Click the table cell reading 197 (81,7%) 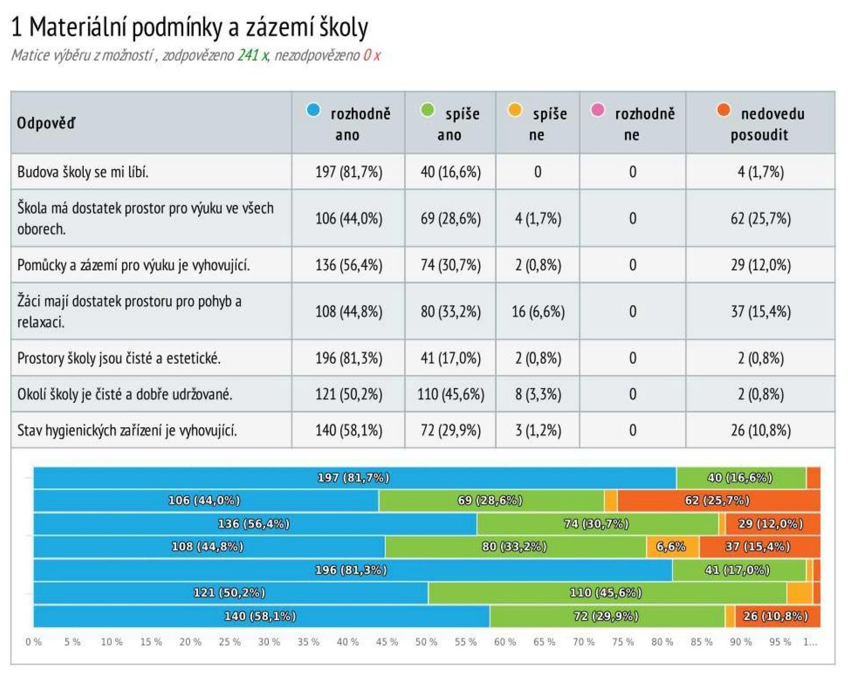point(348,172)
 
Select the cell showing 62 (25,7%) point(760,218)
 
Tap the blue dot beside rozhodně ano point(313,110)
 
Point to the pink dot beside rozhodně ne point(597,110)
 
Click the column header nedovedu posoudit point(760,124)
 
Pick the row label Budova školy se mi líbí point(83,172)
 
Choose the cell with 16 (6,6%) point(537,312)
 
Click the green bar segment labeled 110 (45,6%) point(606,593)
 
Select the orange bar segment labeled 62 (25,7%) point(718,500)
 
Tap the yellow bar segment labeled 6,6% point(671,546)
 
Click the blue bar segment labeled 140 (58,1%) point(261,616)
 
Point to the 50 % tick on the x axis point(426,642)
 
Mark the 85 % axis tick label point(701,642)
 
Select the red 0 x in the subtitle point(372,55)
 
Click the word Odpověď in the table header point(46,124)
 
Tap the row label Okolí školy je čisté point(125,394)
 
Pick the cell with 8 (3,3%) point(537,394)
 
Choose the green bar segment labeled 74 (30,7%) point(597,524)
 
